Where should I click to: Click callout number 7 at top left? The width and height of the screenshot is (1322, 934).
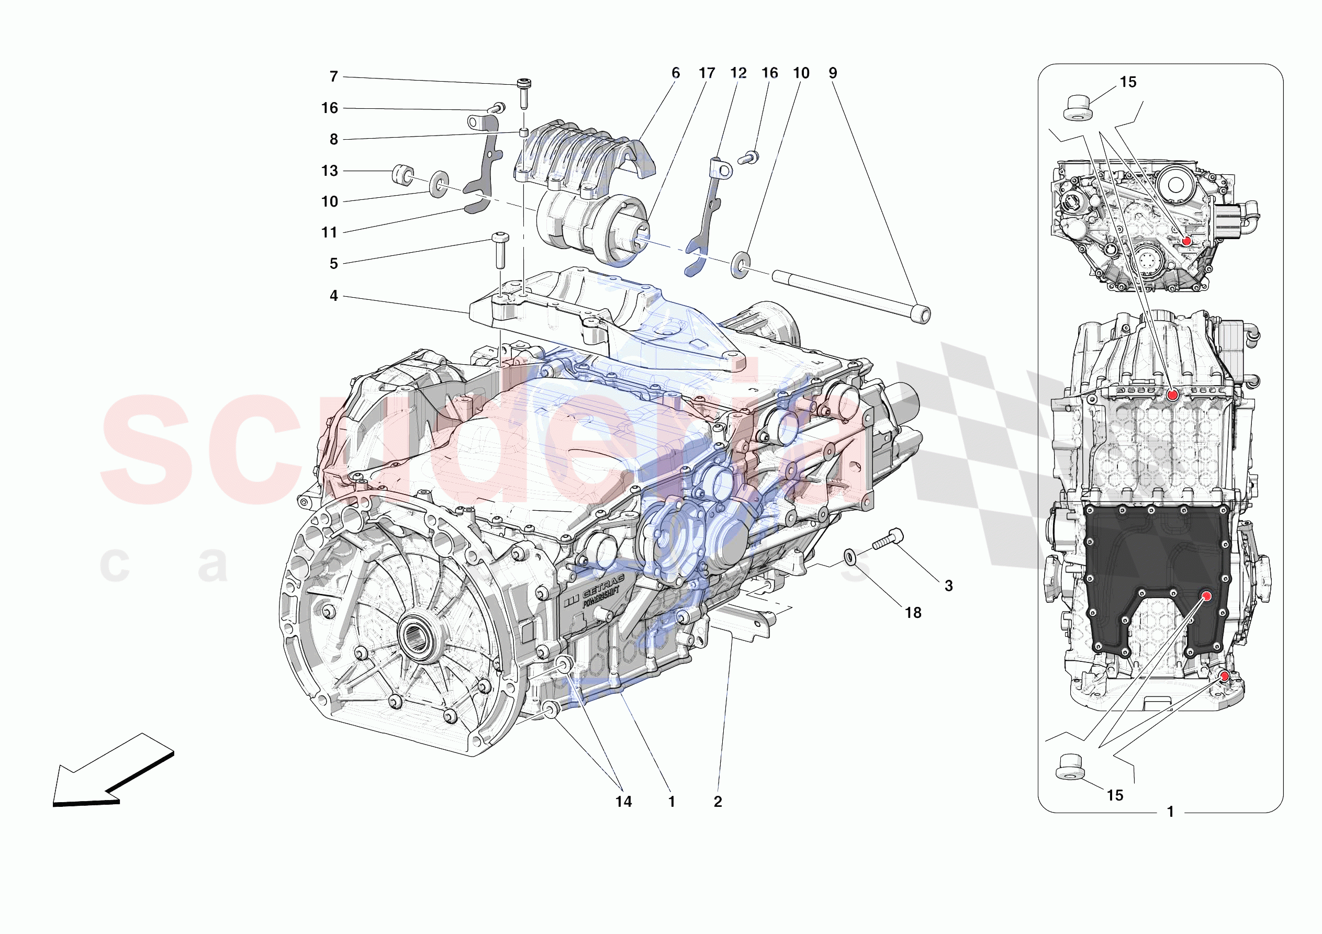tap(333, 76)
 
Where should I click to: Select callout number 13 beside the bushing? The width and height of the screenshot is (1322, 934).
tap(329, 171)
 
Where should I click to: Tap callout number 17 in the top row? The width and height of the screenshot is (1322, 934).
tap(707, 73)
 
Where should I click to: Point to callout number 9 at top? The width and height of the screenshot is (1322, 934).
tap(833, 73)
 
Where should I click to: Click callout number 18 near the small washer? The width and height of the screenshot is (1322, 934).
tap(913, 613)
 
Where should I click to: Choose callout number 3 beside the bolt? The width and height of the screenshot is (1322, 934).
tap(949, 586)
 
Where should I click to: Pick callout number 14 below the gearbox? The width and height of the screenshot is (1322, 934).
tap(623, 802)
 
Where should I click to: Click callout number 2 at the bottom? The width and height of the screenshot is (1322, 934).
tap(718, 802)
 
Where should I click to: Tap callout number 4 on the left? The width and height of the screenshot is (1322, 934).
tap(333, 296)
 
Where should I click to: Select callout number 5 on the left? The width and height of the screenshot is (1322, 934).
tap(333, 264)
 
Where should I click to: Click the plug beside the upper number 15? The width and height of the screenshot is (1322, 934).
tap(1075, 109)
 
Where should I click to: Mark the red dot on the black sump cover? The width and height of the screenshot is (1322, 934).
tap(1206, 596)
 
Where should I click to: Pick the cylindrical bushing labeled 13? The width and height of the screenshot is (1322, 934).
tap(402, 174)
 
